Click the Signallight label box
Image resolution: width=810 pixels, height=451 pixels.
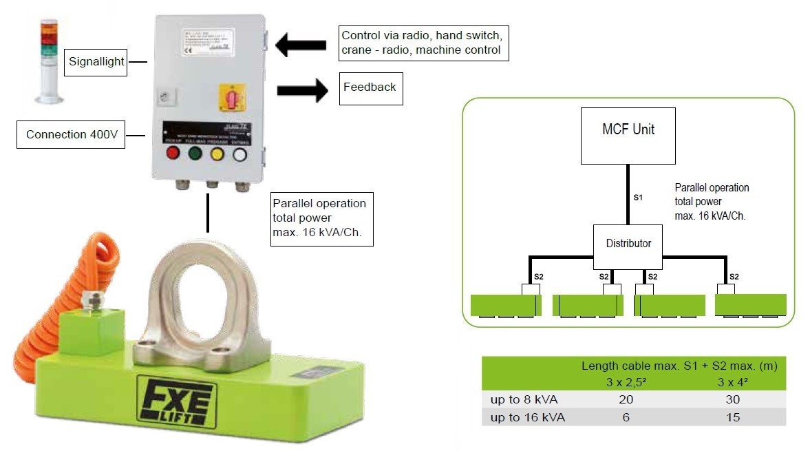point(96,62)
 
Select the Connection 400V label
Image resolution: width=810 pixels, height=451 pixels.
point(72,135)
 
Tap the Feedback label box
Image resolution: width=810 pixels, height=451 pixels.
point(370,87)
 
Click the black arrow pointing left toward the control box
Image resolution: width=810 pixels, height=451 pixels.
point(301,45)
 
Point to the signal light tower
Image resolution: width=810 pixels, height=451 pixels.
point(49,61)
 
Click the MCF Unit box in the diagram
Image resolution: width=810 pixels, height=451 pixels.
point(628,135)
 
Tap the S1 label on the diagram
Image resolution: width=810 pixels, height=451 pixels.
point(638,198)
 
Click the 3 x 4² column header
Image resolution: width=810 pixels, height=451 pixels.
point(732,382)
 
